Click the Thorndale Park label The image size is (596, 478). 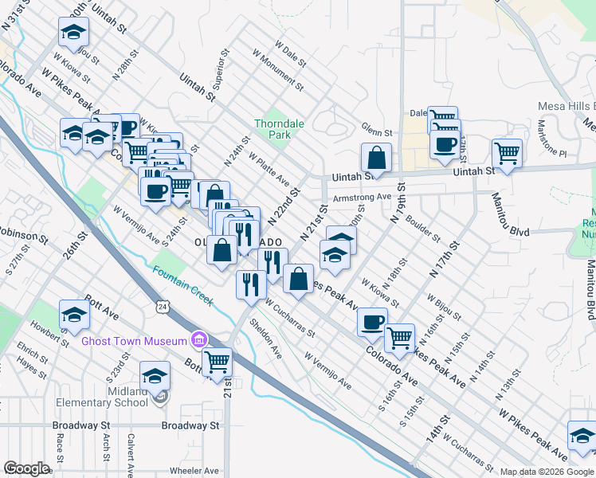click(x=273, y=129)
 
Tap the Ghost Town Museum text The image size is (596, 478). click(x=133, y=341)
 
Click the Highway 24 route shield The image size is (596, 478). click(x=163, y=306)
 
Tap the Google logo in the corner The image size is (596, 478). click(x=27, y=468)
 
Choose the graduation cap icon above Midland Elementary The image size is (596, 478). click(x=155, y=374)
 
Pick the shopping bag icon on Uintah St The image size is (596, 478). click(x=376, y=157)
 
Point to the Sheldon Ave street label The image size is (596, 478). click(x=266, y=338)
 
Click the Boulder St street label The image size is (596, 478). click(x=423, y=227)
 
